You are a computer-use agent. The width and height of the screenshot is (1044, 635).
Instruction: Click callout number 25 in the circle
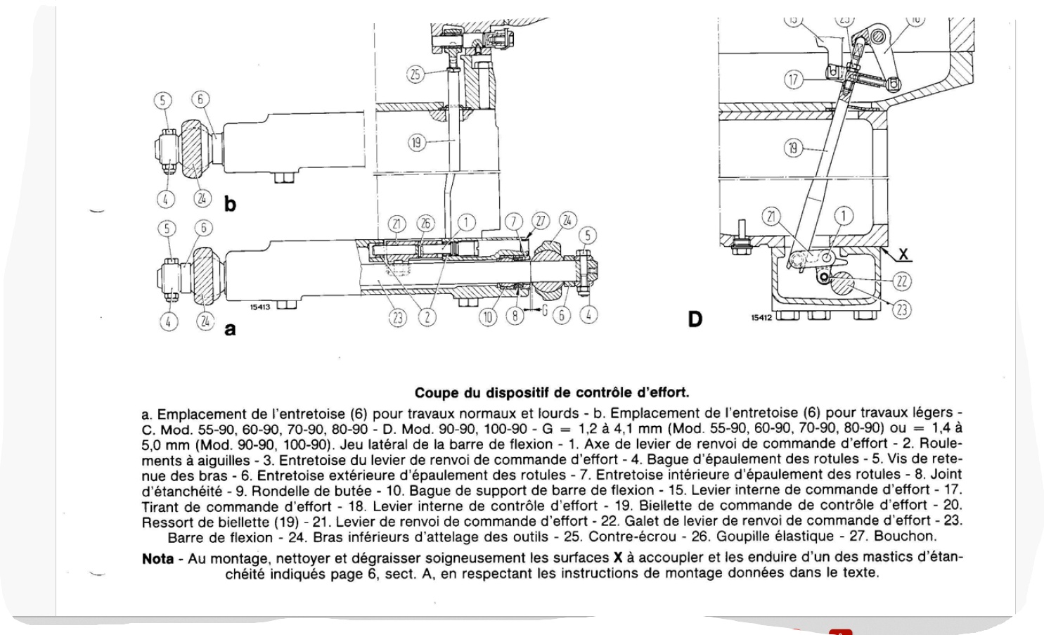416,74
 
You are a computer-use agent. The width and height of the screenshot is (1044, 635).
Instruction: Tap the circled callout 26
425,223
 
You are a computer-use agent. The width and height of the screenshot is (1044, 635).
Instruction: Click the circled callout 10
488,317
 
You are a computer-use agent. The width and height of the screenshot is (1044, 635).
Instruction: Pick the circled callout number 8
516,317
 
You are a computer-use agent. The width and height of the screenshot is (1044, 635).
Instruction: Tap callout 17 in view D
794,79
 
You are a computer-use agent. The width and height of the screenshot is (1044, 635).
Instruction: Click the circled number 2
426,317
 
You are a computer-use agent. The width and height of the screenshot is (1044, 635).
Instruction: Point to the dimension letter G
544,309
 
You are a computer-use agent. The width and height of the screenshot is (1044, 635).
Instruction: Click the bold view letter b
230,205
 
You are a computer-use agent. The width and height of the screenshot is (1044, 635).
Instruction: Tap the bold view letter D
695,320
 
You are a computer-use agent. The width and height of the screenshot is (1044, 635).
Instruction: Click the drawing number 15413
260,306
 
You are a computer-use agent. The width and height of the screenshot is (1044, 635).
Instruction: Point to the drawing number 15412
761,318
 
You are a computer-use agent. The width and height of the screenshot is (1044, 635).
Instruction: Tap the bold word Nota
157,559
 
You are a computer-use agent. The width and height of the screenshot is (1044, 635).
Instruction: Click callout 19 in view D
794,148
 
